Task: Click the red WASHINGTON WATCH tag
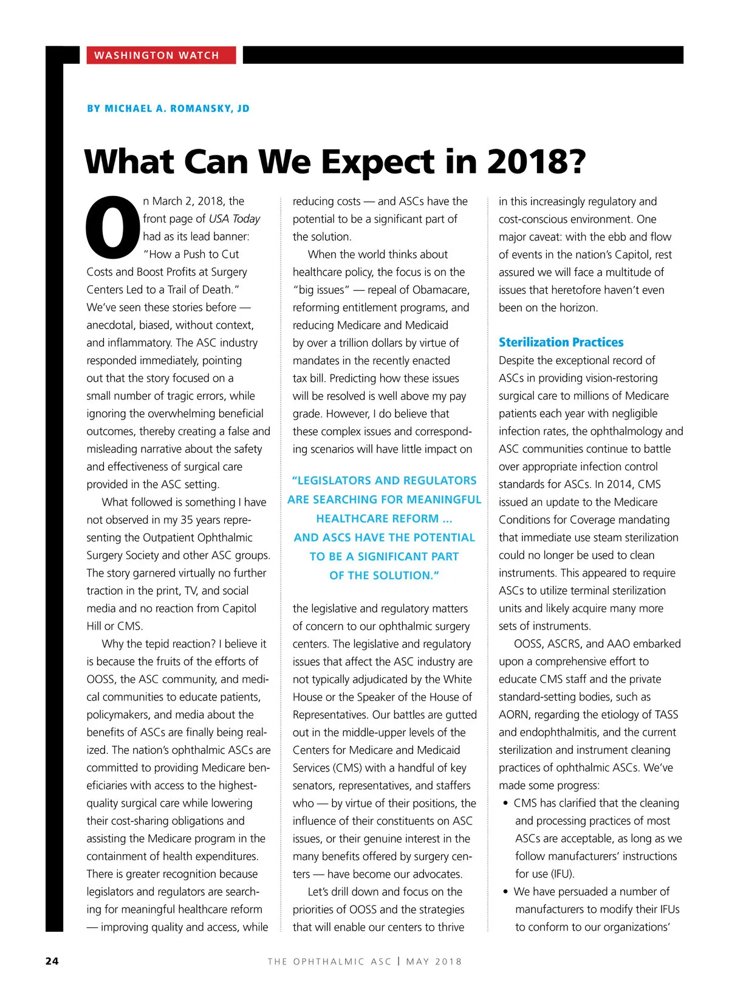point(157,55)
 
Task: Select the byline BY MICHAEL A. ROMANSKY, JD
point(168,109)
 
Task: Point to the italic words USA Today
point(234,219)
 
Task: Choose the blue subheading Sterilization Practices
point(561,342)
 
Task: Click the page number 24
point(52,961)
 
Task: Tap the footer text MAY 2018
point(434,961)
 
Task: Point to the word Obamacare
point(440,290)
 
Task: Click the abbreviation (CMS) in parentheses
point(347,768)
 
